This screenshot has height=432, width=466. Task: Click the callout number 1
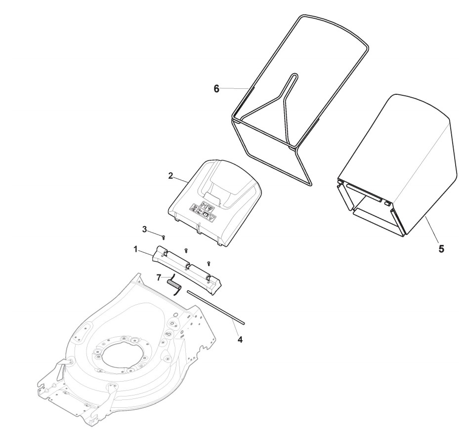135,250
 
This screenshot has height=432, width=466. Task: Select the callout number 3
144,229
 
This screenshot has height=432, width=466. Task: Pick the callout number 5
441,249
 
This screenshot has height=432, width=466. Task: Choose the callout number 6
215,88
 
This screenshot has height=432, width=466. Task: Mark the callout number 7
159,278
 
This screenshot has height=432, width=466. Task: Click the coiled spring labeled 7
173,284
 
